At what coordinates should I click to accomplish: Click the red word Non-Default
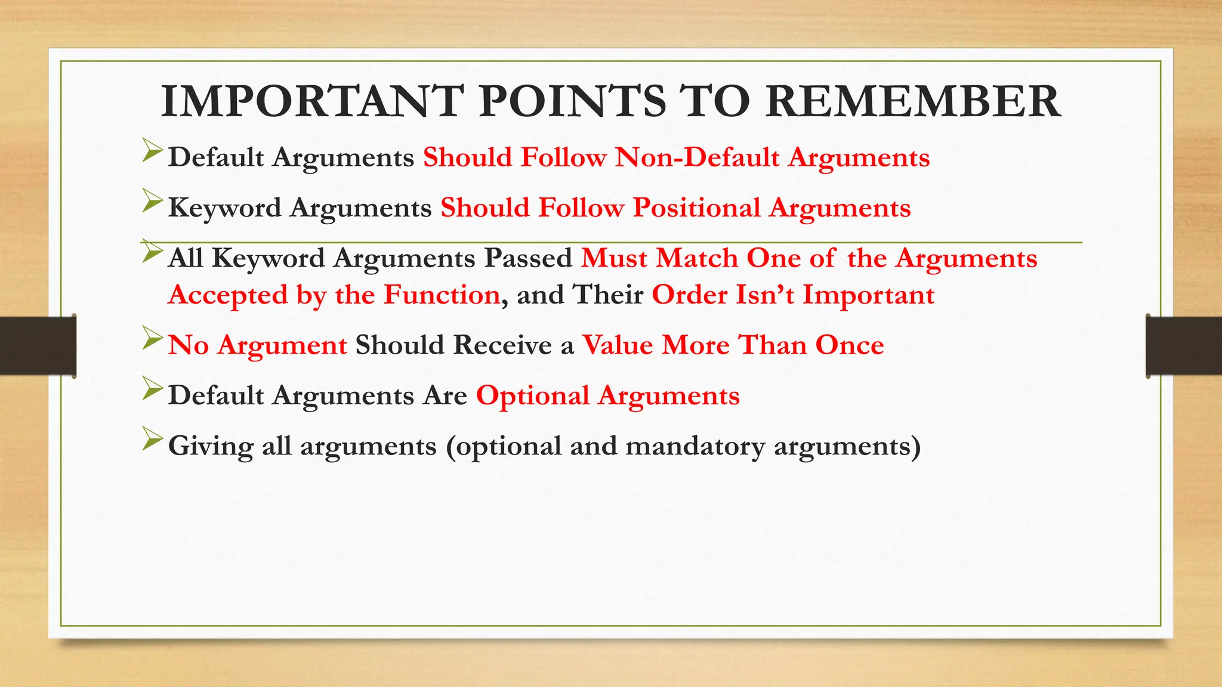tap(697, 157)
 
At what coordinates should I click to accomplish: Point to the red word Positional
tap(696, 208)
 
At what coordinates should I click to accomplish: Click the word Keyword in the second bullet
tap(224, 208)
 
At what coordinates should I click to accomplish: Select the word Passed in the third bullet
tap(528, 258)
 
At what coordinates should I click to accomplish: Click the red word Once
tap(849, 345)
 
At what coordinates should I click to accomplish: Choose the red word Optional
tap(533, 396)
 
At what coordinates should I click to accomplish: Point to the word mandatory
tap(695, 446)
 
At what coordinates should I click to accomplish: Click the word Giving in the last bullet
tap(211, 446)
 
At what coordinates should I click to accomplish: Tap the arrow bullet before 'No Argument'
tap(152, 341)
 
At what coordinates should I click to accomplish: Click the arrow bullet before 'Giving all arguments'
tap(152, 441)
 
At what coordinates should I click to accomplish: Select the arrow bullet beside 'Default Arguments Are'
tap(152, 391)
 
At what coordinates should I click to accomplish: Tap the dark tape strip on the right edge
tap(1184, 346)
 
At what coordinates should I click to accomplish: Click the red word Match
tap(696, 258)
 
